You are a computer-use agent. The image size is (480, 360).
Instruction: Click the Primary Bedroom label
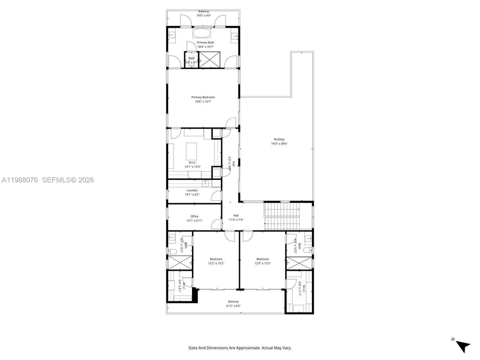203,97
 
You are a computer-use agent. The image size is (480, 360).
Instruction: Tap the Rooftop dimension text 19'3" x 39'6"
279,144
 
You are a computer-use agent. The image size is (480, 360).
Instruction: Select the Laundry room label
192,190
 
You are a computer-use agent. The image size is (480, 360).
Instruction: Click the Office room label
194,216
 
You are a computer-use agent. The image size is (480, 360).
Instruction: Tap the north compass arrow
463,346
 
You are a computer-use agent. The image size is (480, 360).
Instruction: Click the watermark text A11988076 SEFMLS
47,180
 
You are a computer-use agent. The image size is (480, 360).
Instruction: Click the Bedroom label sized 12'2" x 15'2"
216,259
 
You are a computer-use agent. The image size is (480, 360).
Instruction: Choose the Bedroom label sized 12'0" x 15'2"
262,259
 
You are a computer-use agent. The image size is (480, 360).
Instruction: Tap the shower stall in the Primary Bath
206,59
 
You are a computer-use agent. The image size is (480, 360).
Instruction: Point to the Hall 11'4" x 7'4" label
236,216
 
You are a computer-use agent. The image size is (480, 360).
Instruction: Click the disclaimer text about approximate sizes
240,348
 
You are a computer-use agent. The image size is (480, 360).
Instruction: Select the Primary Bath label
205,43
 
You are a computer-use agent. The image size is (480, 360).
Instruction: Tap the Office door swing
216,224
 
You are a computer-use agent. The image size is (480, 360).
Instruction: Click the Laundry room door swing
216,196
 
